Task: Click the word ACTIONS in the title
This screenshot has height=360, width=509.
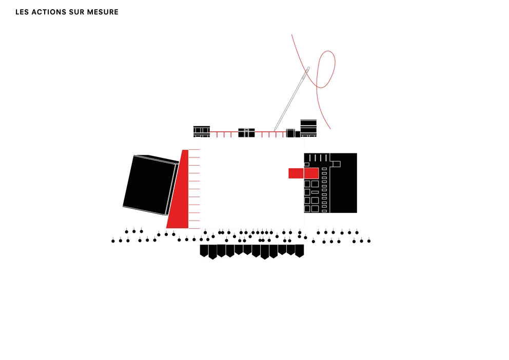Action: pyautogui.click(x=50, y=12)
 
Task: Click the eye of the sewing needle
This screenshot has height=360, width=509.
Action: pyautogui.click(x=307, y=70)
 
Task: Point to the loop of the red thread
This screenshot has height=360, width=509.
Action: pyautogui.click(x=326, y=67)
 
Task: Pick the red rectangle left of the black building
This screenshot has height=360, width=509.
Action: pyautogui.click(x=296, y=173)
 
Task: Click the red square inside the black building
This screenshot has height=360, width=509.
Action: pyautogui.click(x=311, y=173)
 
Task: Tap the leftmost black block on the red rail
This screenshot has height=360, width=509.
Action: pyautogui.click(x=202, y=131)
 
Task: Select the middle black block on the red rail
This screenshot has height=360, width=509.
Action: pyautogui.click(x=246, y=133)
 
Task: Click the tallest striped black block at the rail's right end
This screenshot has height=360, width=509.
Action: pyautogui.click(x=308, y=128)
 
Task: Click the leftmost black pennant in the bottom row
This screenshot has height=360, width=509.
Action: pyautogui.click(x=204, y=250)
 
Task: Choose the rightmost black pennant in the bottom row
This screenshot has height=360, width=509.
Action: pyautogui.click(x=300, y=250)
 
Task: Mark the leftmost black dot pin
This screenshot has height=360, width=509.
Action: pyautogui.click(x=113, y=241)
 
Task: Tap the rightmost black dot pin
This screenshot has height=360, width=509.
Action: pyautogui.click(x=369, y=241)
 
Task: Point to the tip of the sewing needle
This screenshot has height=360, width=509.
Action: pyautogui.click(x=275, y=130)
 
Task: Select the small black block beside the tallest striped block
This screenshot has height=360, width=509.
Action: pyautogui.click(x=297, y=134)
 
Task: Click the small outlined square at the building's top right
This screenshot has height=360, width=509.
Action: pyautogui.click(x=337, y=164)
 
